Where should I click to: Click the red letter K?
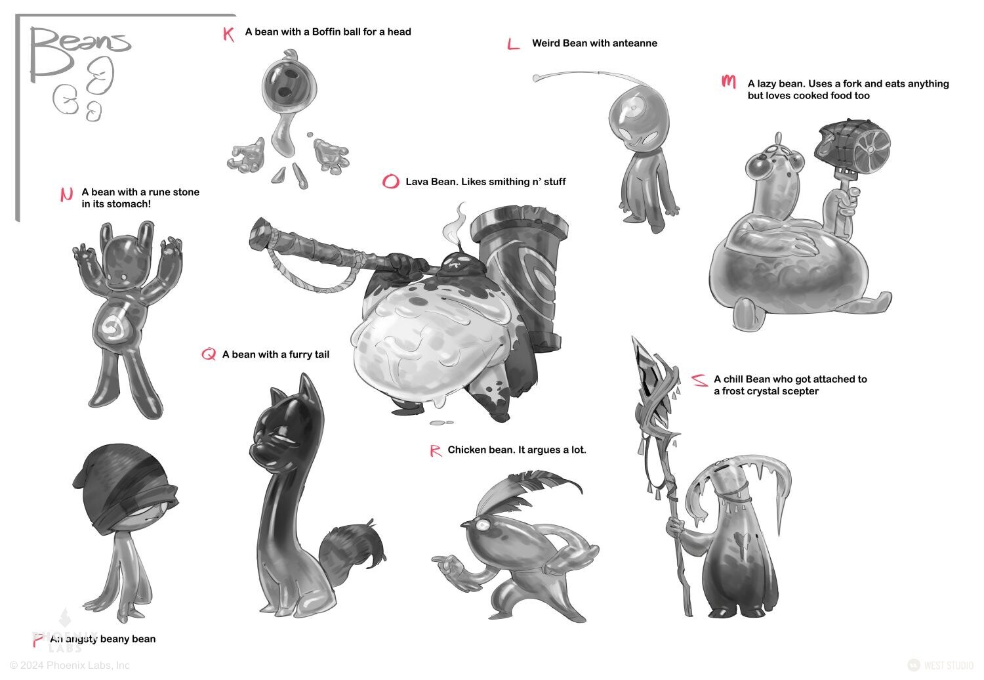point(228,34)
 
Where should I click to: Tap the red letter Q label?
point(209,354)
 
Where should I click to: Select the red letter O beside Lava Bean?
point(390,181)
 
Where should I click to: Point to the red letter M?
point(729,81)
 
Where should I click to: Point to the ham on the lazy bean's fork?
point(852,144)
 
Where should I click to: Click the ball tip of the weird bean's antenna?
point(537,78)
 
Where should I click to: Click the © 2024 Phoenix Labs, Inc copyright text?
point(70,665)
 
